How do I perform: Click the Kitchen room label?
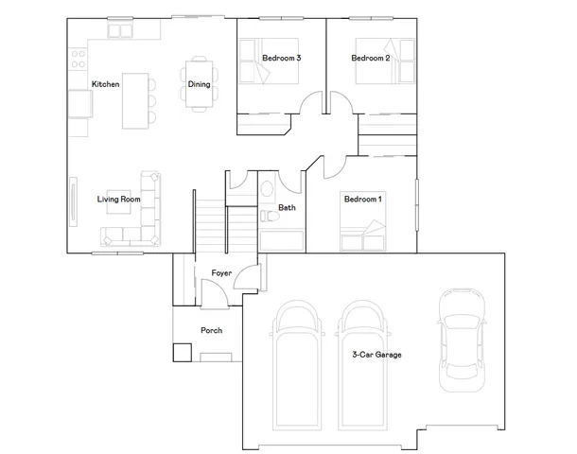pyautogui.click(x=105, y=85)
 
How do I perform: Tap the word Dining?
pyautogui.click(x=199, y=85)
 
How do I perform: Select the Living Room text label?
pyautogui.click(x=118, y=200)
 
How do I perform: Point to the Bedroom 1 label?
pyautogui.click(x=362, y=200)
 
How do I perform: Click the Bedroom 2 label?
pyautogui.click(x=371, y=59)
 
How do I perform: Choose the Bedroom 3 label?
pyautogui.click(x=281, y=59)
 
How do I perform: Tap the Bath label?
pyautogui.click(x=287, y=207)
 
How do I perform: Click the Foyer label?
pyautogui.click(x=221, y=273)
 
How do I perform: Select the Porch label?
pyautogui.click(x=211, y=331)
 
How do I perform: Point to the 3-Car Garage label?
pyautogui.click(x=376, y=355)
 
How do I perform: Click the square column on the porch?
pyautogui.click(x=182, y=353)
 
